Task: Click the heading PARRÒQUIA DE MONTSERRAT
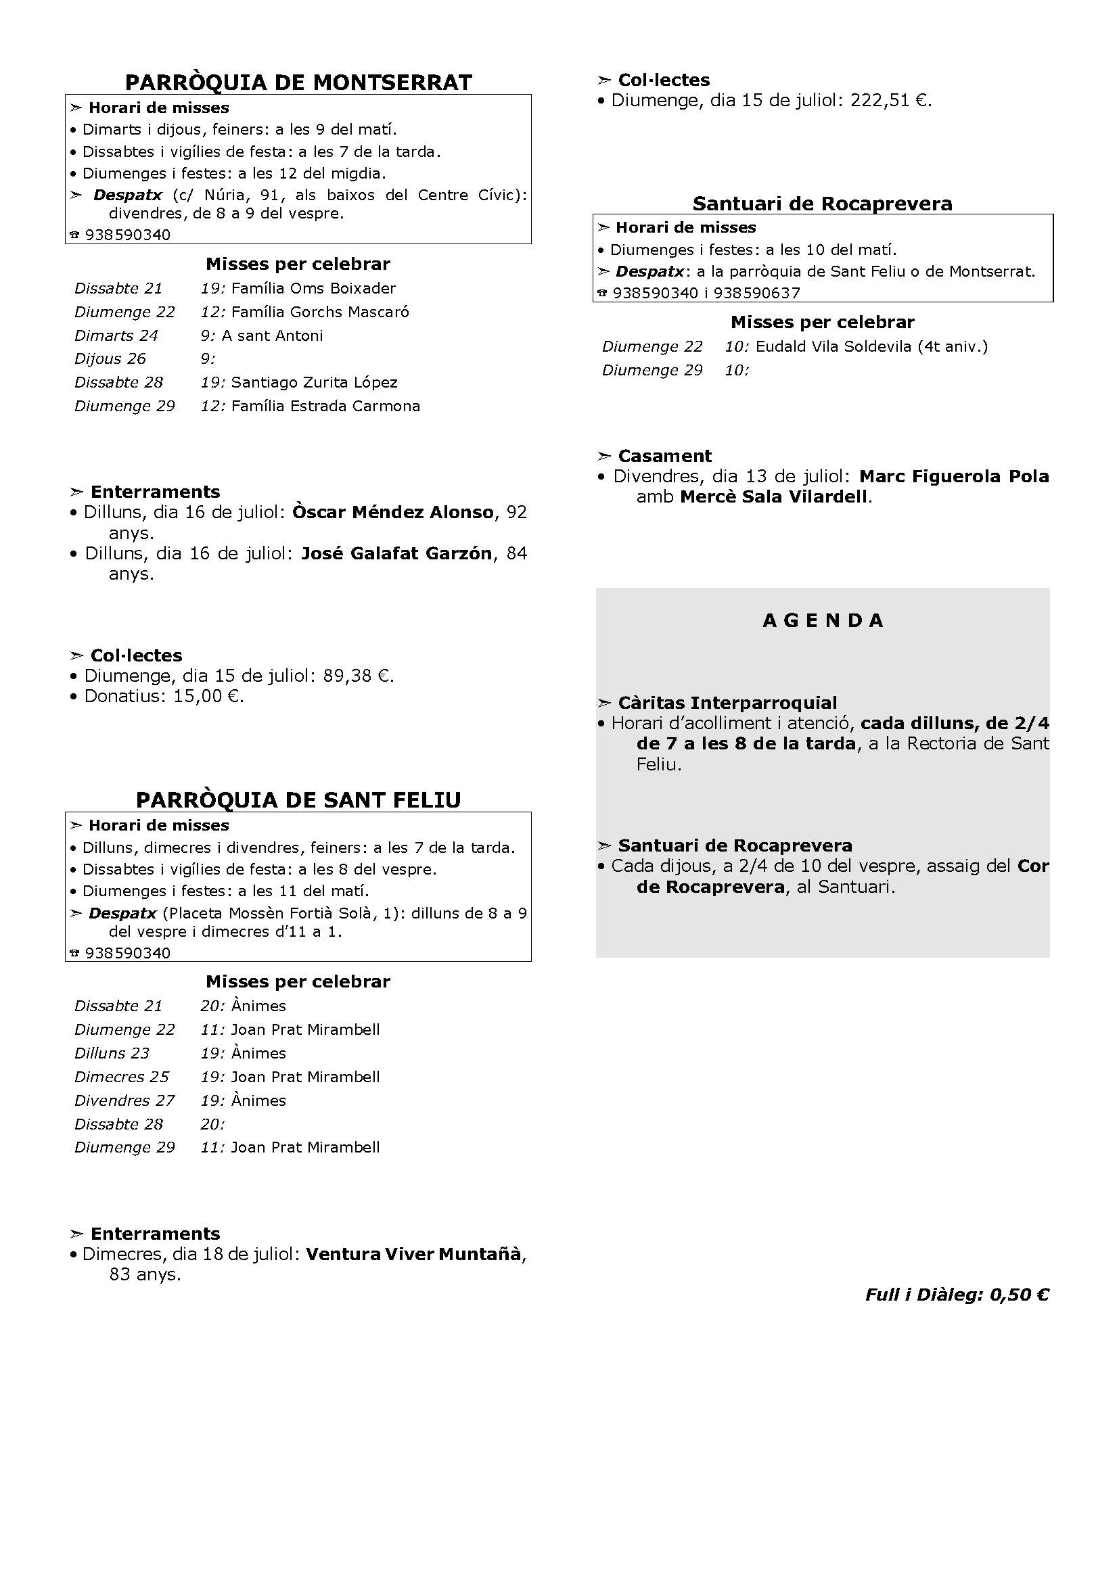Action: [x=298, y=82]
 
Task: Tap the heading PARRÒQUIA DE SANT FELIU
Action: [x=298, y=799]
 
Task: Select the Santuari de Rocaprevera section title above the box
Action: [x=822, y=204]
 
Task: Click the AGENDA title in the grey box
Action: [x=823, y=620]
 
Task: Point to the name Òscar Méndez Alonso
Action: [x=393, y=512]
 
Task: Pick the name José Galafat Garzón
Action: [x=397, y=553]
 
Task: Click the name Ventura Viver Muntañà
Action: [x=413, y=1253]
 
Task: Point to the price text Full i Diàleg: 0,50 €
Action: [x=957, y=1295]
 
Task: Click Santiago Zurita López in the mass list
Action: [x=314, y=382]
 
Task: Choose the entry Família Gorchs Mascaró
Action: [x=320, y=312]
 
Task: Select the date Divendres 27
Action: [x=124, y=1100]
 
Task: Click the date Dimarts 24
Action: [x=116, y=335]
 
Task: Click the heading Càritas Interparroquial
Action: [x=727, y=703]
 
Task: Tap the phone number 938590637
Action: [x=756, y=293]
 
